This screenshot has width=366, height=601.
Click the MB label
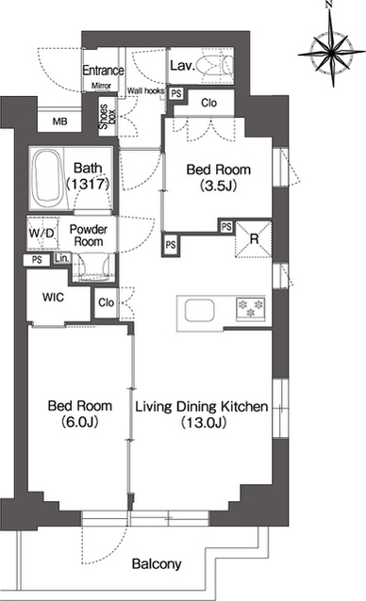click(x=59, y=122)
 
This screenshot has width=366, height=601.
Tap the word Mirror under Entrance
click(x=101, y=86)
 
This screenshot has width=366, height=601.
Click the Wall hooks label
click(x=146, y=90)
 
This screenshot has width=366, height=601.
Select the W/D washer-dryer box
click(x=43, y=233)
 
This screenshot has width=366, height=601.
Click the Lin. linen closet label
click(x=62, y=258)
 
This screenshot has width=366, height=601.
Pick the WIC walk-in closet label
click(x=53, y=297)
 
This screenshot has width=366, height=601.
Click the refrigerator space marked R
click(x=254, y=238)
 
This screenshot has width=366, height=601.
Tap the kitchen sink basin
click(x=199, y=311)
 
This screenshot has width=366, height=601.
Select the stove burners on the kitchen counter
click(x=251, y=308)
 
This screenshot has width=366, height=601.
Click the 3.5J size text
click(x=218, y=186)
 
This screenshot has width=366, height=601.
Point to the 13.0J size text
click(x=204, y=422)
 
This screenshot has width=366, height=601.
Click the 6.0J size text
click(x=79, y=422)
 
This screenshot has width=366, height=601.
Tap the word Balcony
click(x=157, y=564)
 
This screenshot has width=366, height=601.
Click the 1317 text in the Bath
click(x=89, y=185)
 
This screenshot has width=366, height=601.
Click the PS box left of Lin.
click(x=37, y=260)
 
